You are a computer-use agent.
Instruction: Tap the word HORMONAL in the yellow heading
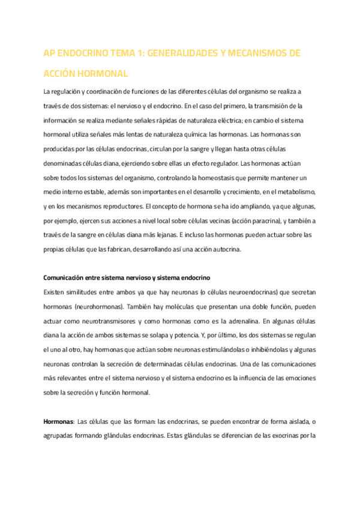click(x=103, y=74)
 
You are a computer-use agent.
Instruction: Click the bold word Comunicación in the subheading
click(x=65, y=278)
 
